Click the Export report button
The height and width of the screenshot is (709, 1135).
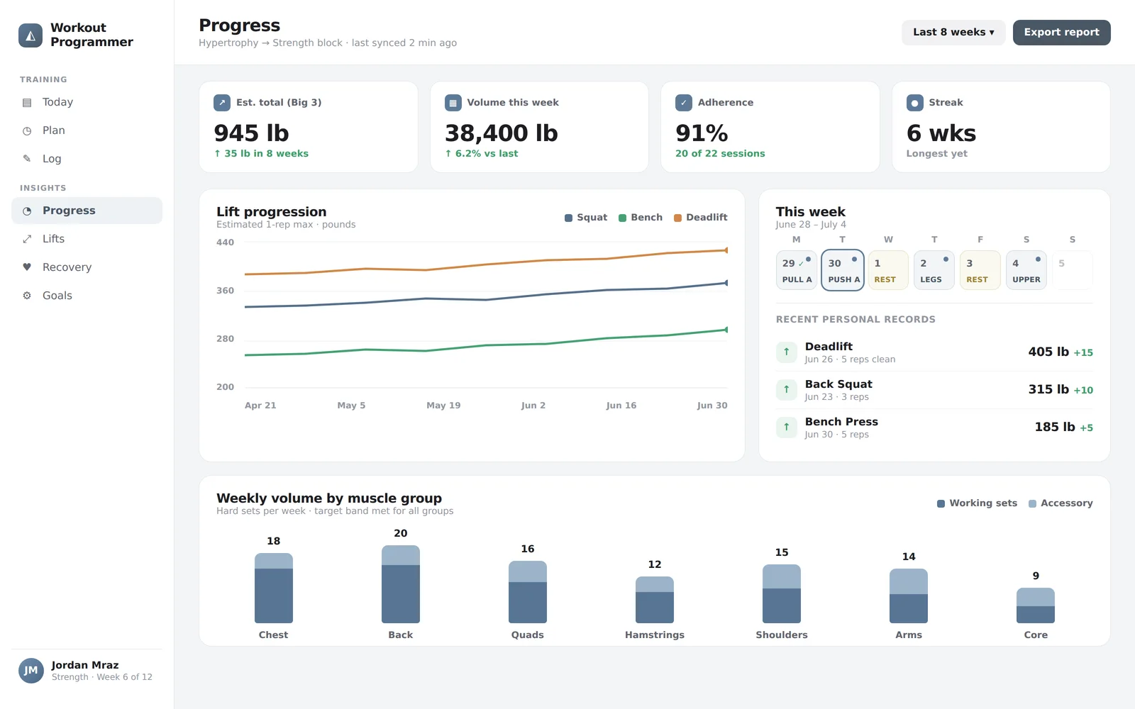(x=1061, y=33)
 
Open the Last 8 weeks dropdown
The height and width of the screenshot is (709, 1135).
(x=953, y=33)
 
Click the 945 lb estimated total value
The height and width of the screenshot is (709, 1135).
(x=251, y=133)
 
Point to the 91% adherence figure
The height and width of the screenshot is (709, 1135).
(x=702, y=133)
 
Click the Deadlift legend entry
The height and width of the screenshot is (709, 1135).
(x=701, y=217)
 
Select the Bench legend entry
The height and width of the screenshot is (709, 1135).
(x=641, y=217)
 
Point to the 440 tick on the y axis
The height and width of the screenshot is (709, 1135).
(x=225, y=242)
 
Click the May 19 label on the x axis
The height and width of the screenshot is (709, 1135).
(x=443, y=405)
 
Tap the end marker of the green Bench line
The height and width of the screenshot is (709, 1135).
(x=726, y=330)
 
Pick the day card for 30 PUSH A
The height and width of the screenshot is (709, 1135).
(x=843, y=270)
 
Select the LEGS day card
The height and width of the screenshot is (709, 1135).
(x=934, y=270)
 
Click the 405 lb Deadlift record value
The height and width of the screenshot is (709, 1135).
(x=1048, y=352)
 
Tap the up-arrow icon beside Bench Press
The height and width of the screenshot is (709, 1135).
(x=787, y=427)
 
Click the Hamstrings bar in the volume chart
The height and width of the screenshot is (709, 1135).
(x=655, y=600)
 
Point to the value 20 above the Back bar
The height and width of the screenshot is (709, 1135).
(x=400, y=533)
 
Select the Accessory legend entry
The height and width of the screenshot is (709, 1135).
(x=1061, y=503)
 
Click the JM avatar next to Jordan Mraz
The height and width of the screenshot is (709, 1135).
(x=31, y=671)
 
